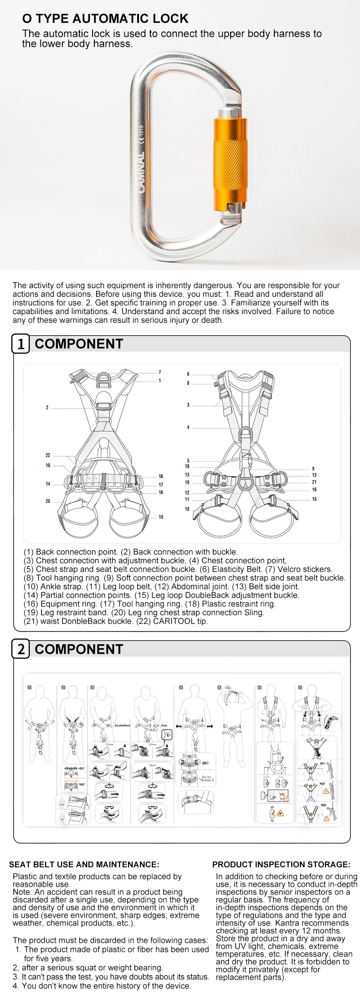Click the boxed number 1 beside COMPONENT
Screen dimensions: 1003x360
[x=21, y=344]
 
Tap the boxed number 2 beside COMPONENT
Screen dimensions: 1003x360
[x=21, y=649]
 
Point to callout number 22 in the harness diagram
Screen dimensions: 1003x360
[x=48, y=455]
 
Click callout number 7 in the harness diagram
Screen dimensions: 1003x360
[x=159, y=372]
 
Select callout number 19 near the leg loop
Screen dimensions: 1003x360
[x=161, y=517]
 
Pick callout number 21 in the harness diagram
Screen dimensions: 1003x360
[x=314, y=482]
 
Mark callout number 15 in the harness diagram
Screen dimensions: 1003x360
[x=314, y=499]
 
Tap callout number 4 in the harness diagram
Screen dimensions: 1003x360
[x=188, y=427]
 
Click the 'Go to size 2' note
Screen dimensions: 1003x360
[x=207, y=779]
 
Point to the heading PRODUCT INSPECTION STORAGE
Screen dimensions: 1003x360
[x=281, y=864]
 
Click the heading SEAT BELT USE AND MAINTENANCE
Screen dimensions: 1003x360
[x=84, y=864]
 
